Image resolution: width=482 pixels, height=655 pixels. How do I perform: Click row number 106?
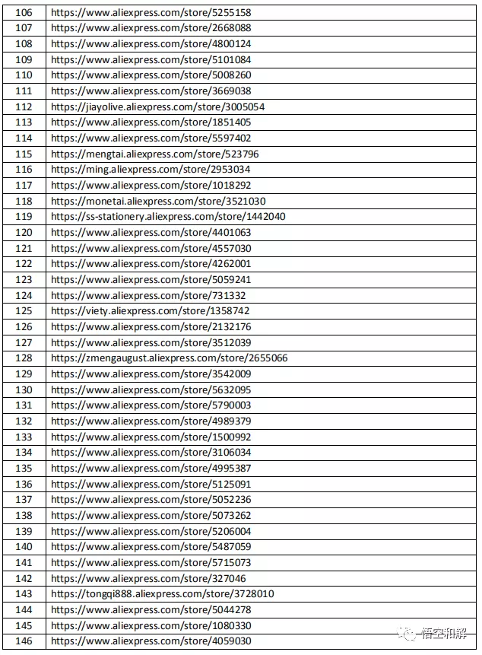pyautogui.click(x=24, y=12)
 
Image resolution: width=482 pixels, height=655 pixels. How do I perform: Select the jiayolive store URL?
pyautogui.click(x=157, y=107)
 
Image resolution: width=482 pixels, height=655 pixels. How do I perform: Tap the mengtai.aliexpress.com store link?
pyautogui.click(x=154, y=154)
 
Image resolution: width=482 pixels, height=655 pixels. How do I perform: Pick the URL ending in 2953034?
pyautogui.click(x=150, y=170)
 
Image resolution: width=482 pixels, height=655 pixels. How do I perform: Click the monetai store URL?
pyautogui.click(x=157, y=201)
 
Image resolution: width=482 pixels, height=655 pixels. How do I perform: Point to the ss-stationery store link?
pyautogui.click(x=168, y=217)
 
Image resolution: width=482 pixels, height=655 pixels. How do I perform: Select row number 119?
pyautogui.click(x=24, y=217)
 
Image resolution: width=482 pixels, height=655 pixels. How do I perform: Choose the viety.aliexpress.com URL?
pyautogui.click(x=150, y=311)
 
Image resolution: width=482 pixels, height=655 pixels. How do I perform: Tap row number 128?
pyautogui.click(x=24, y=358)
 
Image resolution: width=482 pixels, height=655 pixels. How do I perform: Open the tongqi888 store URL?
pyautogui.click(x=162, y=594)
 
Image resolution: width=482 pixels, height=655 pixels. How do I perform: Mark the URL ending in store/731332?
pyautogui.click(x=148, y=295)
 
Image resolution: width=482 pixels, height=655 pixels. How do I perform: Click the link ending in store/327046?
pyautogui.click(x=148, y=578)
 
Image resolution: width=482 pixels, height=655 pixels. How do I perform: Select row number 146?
pyautogui.click(x=24, y=641)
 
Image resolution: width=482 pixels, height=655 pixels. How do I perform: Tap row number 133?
pyautogui.click(x=24, y=437)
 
